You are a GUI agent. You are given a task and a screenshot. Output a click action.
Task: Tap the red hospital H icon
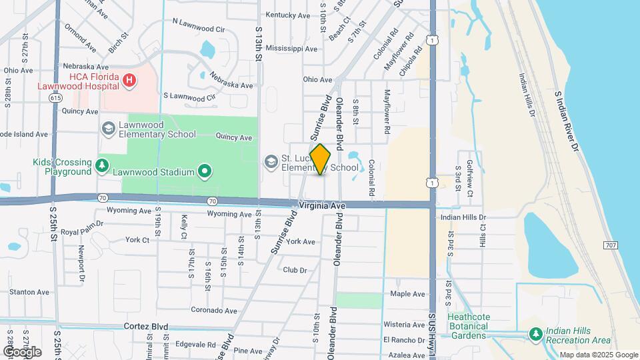point(130,81)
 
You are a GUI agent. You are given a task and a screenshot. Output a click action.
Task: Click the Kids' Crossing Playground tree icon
point(103,165)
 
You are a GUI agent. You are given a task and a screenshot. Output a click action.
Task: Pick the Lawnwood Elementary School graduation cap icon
point(108,127)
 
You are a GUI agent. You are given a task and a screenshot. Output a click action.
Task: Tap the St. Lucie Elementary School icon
point(271,162)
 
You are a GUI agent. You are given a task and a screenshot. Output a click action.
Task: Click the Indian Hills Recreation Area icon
point(535,333)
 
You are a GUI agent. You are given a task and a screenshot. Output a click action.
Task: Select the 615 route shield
point(55,97)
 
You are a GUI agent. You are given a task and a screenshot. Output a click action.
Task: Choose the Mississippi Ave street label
point(291,49)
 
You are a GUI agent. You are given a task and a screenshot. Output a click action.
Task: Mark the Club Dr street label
point(294,270)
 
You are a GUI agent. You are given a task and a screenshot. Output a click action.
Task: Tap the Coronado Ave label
point(214,311)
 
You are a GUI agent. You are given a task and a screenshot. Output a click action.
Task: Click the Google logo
point(22,351)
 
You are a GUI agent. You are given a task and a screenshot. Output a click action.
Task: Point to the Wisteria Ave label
point(404,325)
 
